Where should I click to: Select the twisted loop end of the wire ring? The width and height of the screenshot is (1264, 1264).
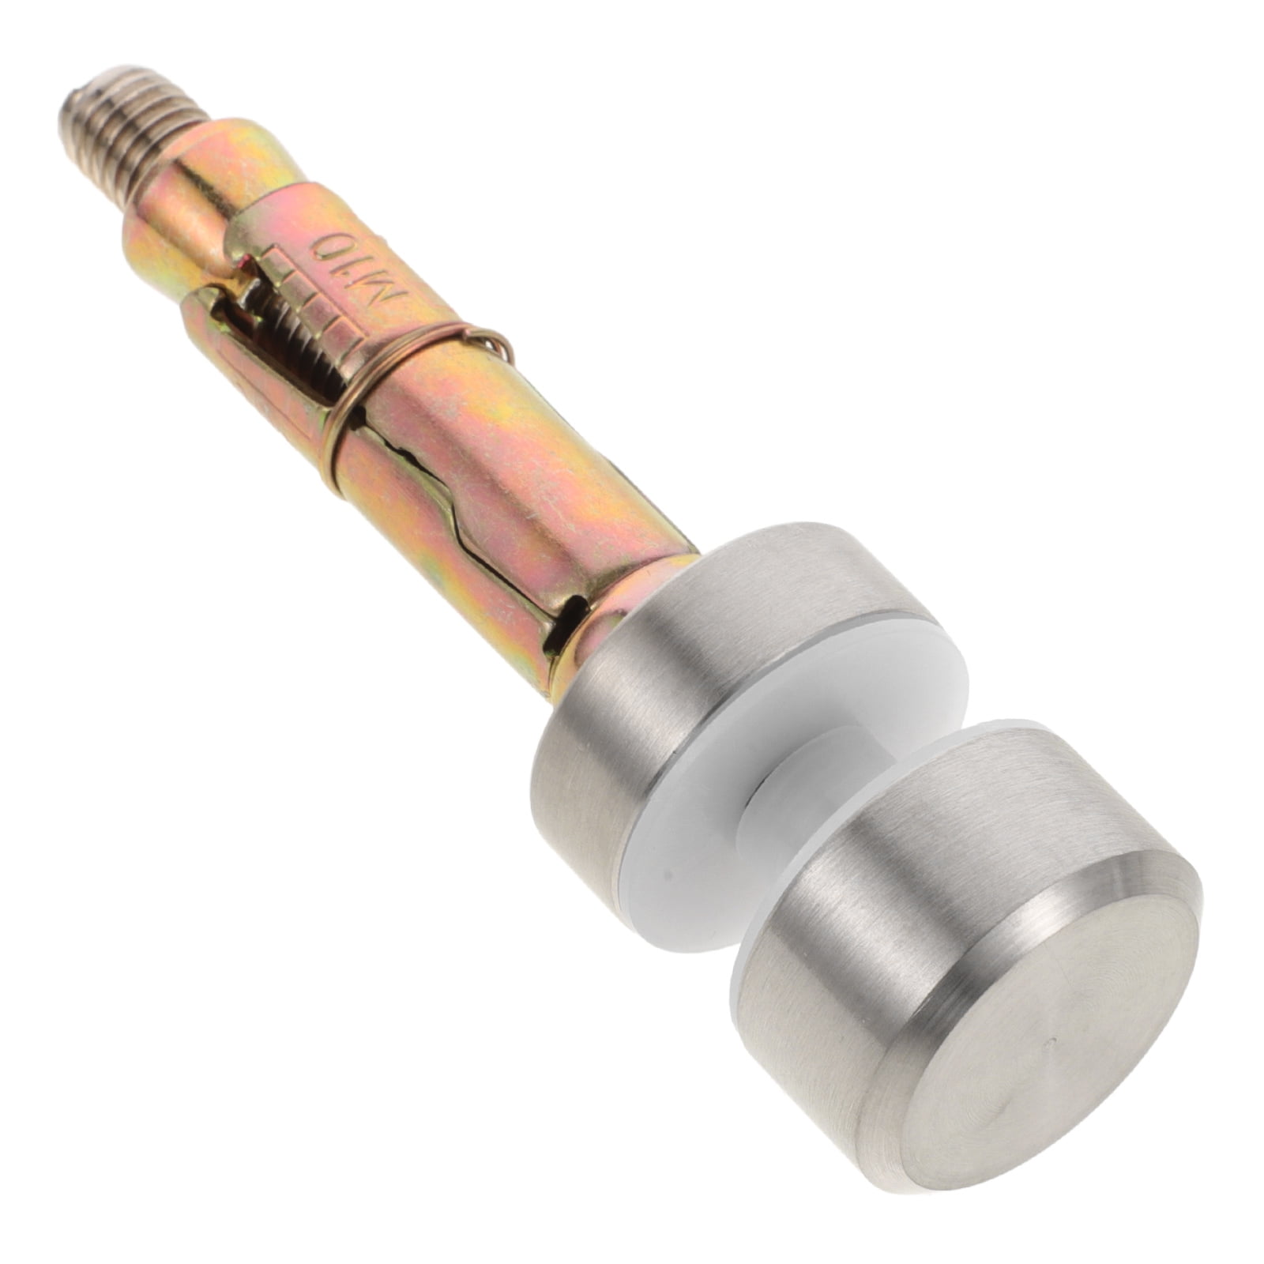[x=495, y=343]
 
